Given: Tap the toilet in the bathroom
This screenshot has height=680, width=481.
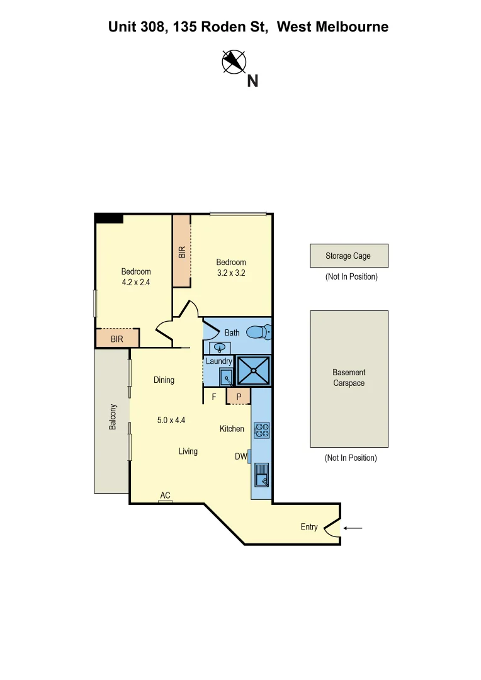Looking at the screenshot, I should pos(258,331).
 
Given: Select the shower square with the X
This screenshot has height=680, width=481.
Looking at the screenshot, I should pos(253,370).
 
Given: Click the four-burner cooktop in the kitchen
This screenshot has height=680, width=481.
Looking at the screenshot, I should pos(261,430).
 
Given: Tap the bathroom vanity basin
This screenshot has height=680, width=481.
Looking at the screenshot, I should pos(220,348).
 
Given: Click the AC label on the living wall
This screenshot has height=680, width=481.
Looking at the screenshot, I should pos(165,496).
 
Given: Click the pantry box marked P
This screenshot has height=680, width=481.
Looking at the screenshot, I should pos(239,396).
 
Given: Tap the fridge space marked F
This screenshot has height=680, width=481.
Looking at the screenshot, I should pos(214,397).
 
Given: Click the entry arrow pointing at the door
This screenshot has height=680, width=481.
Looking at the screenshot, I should pos(354,528).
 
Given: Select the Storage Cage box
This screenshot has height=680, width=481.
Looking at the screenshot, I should pos(348,256).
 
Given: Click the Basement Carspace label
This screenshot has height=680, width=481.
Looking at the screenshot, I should pos(348,378).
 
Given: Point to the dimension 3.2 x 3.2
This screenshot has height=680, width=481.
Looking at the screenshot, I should pos(231,273).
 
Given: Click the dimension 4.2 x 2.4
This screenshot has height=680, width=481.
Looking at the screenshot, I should pos(136,283).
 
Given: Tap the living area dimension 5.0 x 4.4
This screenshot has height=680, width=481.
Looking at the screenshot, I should pos(171,420).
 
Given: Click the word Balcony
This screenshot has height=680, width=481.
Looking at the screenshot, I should pos(113,417).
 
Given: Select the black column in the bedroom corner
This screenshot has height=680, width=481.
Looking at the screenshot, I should pos(108,218).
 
